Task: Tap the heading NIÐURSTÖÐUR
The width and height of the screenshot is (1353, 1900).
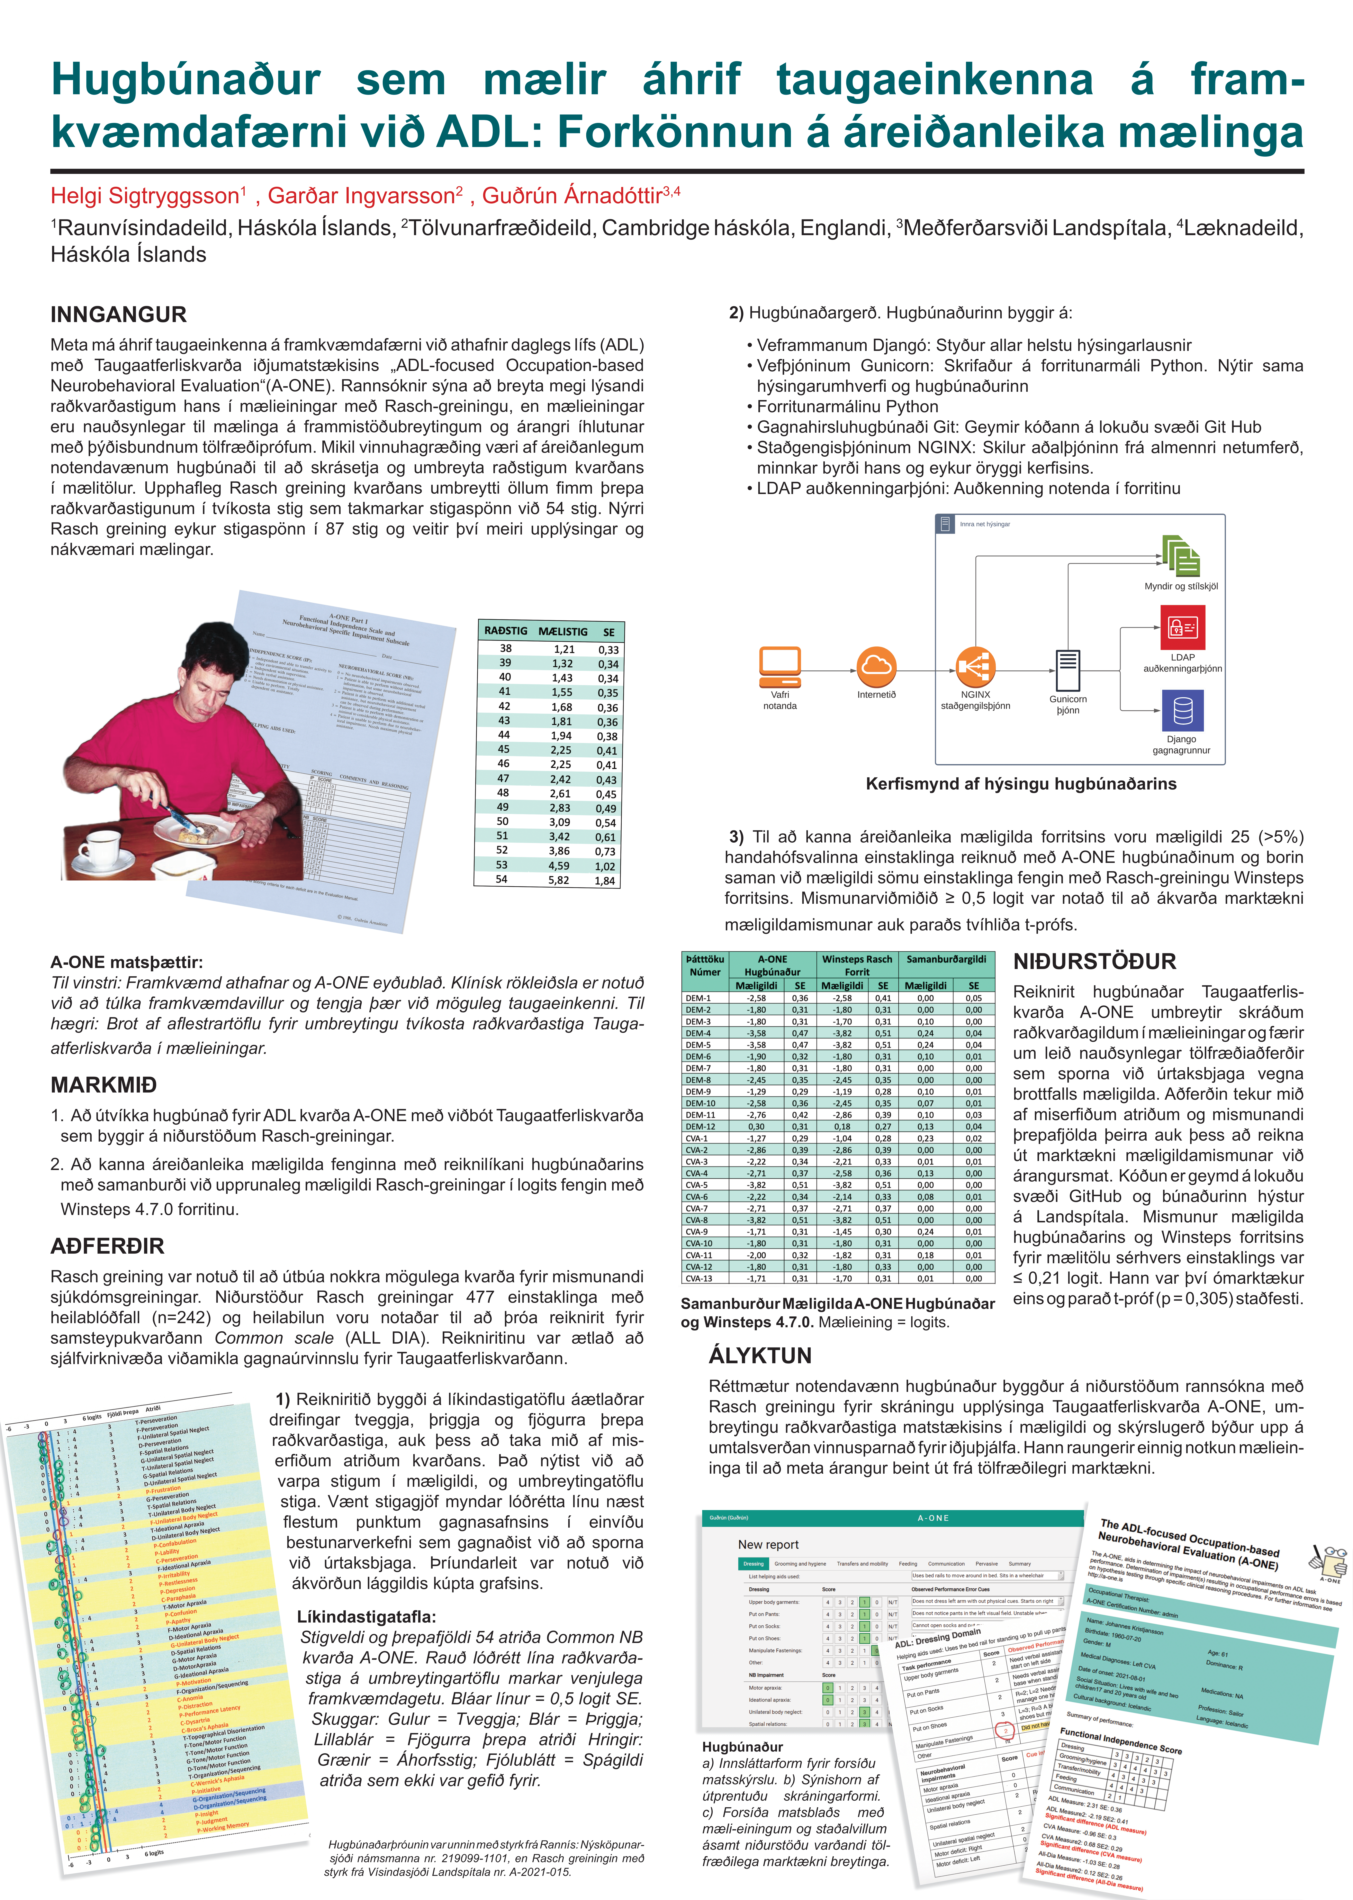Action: tap(1094, 962)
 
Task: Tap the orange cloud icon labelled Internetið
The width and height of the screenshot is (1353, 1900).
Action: tap(876, 666)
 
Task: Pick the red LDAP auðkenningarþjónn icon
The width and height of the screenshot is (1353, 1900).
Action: tap(1182, 626)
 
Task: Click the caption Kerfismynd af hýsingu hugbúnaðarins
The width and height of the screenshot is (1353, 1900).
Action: tap(1021, 784)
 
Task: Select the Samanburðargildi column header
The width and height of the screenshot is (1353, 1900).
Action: tap(946, 960)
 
